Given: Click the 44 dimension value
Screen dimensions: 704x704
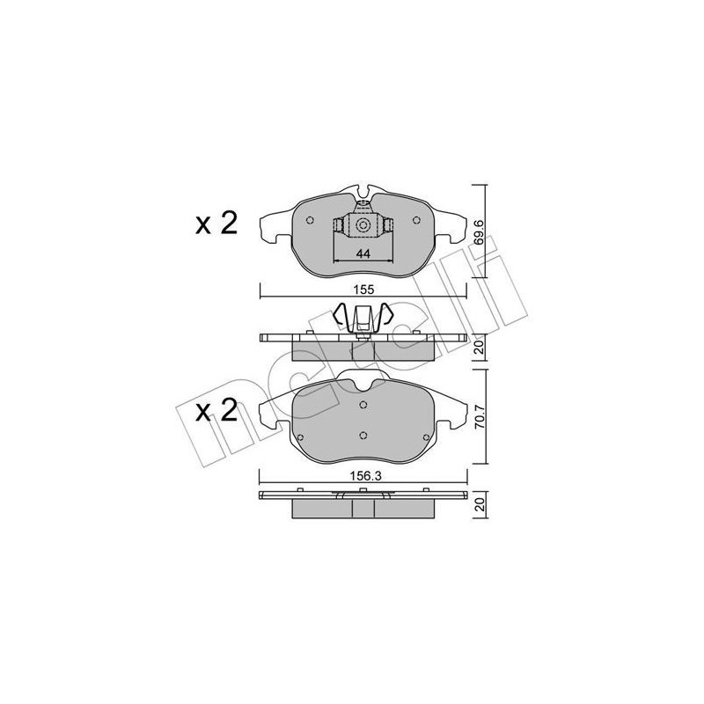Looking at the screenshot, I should coord(362,254).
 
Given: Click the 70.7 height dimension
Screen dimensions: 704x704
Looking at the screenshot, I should coord(479,416).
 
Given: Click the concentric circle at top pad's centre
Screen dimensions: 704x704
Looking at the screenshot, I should coord(363,226).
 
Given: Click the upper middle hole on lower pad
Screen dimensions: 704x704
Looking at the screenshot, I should coord(363,405).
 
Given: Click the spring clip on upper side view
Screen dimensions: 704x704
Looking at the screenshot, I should coord(363,319).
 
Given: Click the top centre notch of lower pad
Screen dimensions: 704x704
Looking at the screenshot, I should coord(363,381).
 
